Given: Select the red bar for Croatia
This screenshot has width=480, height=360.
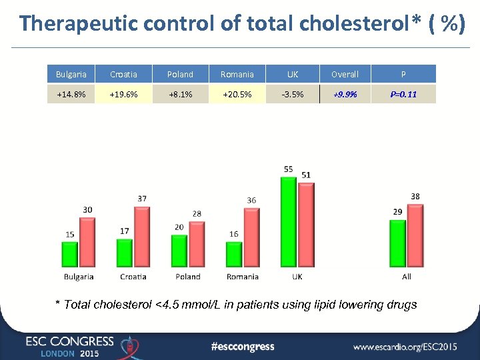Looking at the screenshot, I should tap(141, 237).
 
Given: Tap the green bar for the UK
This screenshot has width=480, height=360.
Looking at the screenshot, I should tap(289, 223).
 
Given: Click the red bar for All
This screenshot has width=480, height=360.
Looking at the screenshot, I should tap(415, 236).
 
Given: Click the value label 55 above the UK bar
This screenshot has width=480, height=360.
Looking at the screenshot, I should tap(289, 169).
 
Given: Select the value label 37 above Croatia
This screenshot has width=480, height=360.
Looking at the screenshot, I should tap(142, 199).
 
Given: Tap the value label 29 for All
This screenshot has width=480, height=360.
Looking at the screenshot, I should tap(398, 212).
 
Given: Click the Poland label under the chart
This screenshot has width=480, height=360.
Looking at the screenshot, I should tap(188, 277).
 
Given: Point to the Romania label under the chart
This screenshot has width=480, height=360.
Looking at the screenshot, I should tap(243, 277).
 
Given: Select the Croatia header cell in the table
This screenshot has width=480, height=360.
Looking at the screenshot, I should tap(123, 74).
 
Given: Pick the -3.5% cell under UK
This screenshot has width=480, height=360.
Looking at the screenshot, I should tap(292, 94).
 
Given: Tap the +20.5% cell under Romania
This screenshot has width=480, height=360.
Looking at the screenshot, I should tap(237, 94).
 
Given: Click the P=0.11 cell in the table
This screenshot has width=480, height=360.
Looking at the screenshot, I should tap(403, 94).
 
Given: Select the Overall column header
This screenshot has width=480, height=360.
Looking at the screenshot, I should tap(345, 74).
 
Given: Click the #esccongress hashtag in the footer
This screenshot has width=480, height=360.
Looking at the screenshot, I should tap(242, 346).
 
